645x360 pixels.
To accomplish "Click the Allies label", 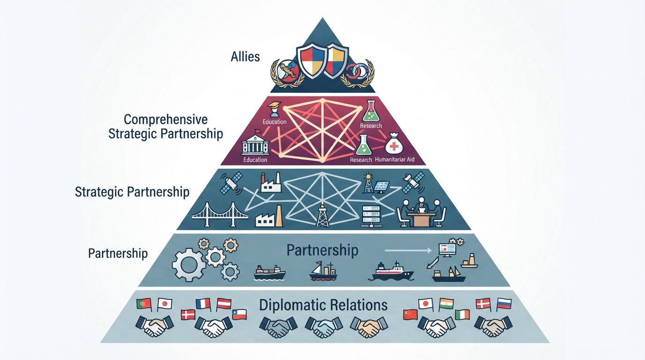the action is [245, 57].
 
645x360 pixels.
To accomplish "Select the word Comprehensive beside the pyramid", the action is [165, 120].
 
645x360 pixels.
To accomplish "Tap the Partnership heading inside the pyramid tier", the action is [322, 250].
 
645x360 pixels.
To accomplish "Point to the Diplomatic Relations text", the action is [323, 305].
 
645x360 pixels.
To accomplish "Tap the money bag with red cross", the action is [394, 144].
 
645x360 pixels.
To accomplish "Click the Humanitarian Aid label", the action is [395, 159].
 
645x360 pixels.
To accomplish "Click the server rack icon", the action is [371, 216].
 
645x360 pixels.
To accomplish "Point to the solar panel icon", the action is [382, 187].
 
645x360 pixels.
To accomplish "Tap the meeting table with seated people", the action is [421, 212].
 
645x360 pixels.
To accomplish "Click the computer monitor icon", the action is [447, 250].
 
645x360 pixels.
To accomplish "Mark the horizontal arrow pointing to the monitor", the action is [408, 251].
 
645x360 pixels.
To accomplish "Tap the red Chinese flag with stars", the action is [410, 315].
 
